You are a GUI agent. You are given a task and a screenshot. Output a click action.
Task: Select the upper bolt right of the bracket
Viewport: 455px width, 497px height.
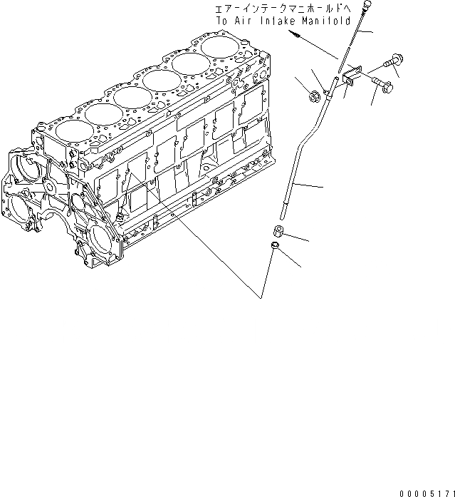tap(389, 64)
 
